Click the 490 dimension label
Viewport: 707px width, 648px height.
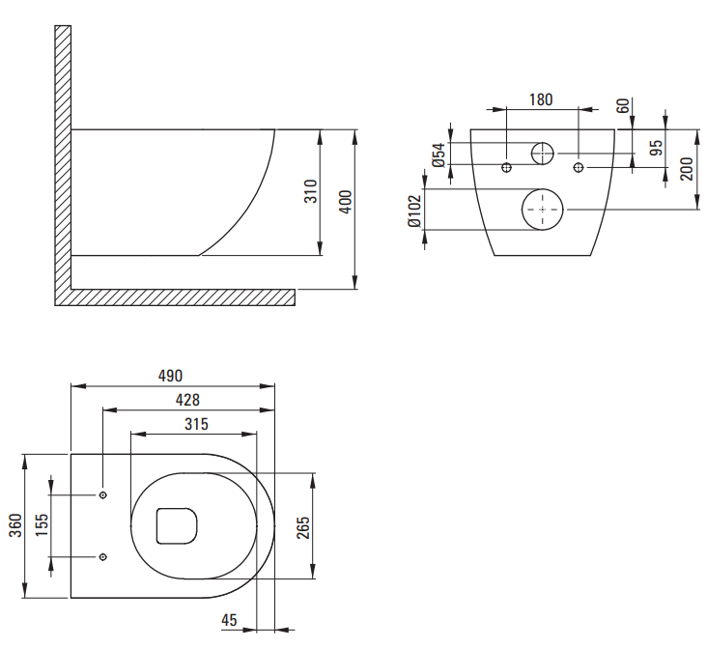click(x=170, y=376)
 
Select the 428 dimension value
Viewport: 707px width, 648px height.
click(x=187, y=400)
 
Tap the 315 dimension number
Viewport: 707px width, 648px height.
click(x=197, y=424)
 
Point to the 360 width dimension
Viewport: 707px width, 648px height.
click(x=15, y=525)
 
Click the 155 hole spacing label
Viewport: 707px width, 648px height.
click(x=42, y=525)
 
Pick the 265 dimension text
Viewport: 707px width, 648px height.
click(x=303, y=527)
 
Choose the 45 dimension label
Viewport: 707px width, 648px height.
click(x=229, y=621)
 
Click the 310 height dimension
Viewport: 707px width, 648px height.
click(x=311, y=191)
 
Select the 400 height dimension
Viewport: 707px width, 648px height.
click(x=345, y=202)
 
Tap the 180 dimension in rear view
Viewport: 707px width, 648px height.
click(x=541, y=99)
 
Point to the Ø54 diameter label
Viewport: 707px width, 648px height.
click(x=438, y=155)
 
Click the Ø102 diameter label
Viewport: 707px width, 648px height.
click(x=413, y=211)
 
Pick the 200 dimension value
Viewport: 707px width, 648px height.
click(x=687, y=169)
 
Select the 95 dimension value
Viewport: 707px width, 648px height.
click(x=658, y=148)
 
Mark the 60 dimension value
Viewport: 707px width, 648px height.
click(x=623, y=106)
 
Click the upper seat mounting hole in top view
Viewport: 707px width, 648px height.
click(x=103, y=495)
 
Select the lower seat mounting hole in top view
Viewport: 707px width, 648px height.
click(x=103, y=557)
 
